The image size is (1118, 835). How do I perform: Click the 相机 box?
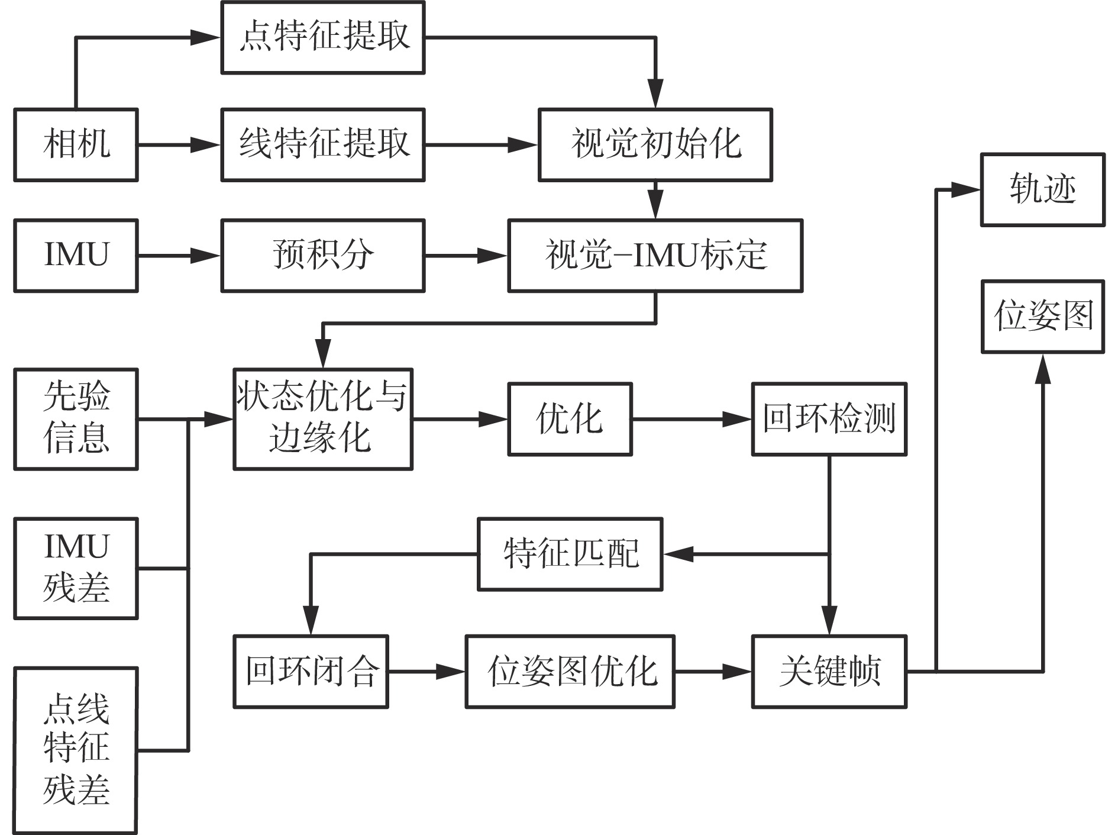76,144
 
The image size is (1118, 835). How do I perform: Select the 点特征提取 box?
323,37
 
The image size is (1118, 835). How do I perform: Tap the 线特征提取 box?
323,144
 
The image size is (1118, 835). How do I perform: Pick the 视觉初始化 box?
655,144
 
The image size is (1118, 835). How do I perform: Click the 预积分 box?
323,256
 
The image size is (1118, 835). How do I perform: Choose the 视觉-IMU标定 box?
655,256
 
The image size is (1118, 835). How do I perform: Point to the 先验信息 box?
76,419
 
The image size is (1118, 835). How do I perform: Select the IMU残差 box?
76,568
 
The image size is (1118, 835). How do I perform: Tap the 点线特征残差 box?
76,750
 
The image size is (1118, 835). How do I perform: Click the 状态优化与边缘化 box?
323,419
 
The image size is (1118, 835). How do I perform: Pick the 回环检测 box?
829,419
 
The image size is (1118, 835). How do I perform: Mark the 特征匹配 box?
570,554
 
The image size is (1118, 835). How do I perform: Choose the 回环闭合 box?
311,672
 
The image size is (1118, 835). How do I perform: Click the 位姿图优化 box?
570,672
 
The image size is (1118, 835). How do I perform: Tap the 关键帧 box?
829,672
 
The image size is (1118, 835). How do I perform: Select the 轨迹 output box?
1042,190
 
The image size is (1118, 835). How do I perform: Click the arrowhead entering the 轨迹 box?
967,190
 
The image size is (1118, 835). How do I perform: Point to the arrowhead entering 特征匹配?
677,554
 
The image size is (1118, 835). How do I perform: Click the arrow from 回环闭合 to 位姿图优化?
426,672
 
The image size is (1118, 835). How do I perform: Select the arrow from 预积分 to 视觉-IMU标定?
466,256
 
